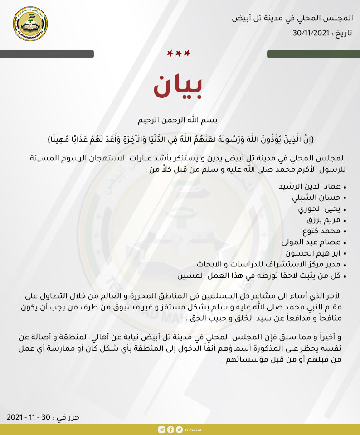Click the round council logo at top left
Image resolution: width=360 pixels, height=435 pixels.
(x=30, y=24)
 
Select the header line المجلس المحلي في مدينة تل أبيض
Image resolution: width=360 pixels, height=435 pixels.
(x=292, y=19)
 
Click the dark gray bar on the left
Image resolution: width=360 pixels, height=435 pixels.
(x=47, y=54)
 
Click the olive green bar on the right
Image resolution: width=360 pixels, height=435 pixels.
(x=313, y=54)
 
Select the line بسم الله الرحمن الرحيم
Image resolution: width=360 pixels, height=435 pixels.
(x=179, y=121)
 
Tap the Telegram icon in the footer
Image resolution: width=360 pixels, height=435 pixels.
(x=162, y=430)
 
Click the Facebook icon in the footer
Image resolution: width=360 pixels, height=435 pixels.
(x=170, y=430)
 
